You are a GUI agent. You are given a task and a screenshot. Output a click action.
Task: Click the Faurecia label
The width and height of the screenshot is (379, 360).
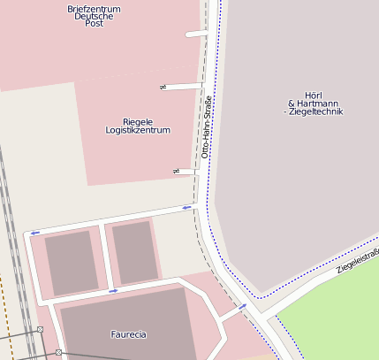[128, 334]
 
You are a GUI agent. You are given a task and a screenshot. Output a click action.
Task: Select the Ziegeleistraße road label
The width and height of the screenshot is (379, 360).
[358, 261]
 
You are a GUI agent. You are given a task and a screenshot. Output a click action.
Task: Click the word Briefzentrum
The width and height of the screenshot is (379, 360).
[94, 9]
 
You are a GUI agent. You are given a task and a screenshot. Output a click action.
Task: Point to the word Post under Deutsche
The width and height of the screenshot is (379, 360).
[94, 24]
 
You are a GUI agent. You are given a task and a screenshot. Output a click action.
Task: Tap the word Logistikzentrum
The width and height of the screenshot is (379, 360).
[138, 130]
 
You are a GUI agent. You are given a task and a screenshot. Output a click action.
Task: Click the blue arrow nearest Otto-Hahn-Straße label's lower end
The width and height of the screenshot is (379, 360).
[186, 208]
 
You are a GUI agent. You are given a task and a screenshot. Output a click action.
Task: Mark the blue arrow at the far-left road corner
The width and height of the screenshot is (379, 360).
[34, 233]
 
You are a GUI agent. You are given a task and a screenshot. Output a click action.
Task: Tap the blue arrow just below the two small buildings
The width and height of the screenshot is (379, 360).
[113, 290]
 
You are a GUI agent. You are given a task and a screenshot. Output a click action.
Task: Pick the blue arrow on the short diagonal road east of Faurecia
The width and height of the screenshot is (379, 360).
[242, 307]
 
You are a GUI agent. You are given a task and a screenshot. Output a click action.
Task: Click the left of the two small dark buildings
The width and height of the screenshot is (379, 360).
[72, 263]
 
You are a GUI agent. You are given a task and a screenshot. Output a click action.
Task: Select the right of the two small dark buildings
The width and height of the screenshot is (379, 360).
[134, 252]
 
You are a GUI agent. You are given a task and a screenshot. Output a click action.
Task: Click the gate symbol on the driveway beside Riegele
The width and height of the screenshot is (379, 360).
[163, 87]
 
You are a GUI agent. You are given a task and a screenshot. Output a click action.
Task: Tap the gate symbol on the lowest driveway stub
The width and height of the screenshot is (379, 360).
[176, 170]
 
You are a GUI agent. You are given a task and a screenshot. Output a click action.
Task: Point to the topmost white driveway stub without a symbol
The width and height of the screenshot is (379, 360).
[197, 34]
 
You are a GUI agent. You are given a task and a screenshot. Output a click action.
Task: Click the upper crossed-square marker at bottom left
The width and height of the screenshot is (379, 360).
[40, 331]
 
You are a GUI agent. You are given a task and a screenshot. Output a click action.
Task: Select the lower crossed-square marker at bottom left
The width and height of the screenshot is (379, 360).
[58, 353]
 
